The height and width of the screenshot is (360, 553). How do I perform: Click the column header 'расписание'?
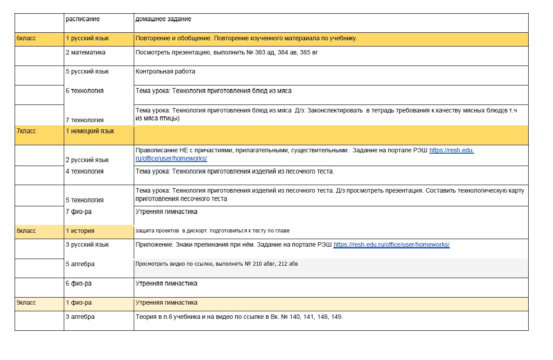tap(83, 19)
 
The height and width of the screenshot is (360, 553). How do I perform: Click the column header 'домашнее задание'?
tap(163, 19)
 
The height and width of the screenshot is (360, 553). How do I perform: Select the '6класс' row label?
tap(26, 39)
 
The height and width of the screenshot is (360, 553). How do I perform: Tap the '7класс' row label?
tap(26, 131)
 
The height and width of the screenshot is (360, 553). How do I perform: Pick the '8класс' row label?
tap(26, 231)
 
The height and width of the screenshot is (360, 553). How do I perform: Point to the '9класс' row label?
tap(26, 303)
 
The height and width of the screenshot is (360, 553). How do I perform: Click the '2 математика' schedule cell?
tap(85, 52)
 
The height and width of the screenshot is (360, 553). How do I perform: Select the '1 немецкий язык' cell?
tap(90, 131)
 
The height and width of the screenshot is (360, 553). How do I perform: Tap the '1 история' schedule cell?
tap(80, 231)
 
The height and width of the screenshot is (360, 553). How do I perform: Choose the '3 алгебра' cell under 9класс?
tap(80, 317)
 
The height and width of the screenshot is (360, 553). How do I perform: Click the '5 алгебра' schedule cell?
tap(80, 264)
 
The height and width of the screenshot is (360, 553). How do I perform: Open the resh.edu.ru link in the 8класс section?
tap(391, 244)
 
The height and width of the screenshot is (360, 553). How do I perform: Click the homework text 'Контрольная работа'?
tap(165, 71)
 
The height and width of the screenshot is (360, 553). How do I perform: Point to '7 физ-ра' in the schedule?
tap(78, 212)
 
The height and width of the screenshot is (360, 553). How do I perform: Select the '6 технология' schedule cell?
tap(85, 91)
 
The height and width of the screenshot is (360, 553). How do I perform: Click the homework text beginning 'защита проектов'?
tap(213, 231)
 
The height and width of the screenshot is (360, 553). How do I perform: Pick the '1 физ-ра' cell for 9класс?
tap(78, 303)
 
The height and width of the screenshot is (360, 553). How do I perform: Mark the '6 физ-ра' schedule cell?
tap(78, 283)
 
